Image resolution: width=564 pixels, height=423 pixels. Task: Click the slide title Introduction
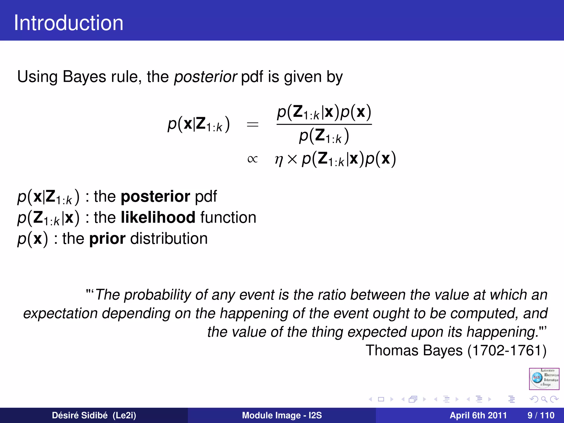tap(69, 23)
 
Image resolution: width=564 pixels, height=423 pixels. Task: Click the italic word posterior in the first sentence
tap(205, 77)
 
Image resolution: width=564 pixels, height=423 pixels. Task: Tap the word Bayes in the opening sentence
tap(84, 77)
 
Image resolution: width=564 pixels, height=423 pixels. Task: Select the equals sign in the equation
tap(253, 125)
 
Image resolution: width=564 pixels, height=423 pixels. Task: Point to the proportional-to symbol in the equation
tap(253, 159)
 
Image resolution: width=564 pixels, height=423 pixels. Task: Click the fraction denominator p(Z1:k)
tap(324, 136)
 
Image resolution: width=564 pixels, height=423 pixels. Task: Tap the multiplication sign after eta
tap(292, 159)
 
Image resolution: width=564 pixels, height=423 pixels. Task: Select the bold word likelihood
tap(158, 217)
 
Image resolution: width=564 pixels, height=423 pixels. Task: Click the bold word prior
tap(107, 238)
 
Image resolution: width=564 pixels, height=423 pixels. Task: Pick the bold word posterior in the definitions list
tap(155, 196)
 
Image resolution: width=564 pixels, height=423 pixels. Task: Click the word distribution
tap(169, 238)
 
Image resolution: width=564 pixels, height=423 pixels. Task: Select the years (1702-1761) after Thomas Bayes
tap(507, 350)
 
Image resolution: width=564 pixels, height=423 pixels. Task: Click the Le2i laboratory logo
tap(544, 379)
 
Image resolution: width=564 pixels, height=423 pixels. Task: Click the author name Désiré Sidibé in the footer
tap(80, 415)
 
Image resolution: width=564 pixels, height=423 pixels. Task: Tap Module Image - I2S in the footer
tap(282, 415)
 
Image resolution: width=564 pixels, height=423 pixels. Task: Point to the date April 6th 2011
tap(478, 415)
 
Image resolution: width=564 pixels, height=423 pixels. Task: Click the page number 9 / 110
tap(541, 415)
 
